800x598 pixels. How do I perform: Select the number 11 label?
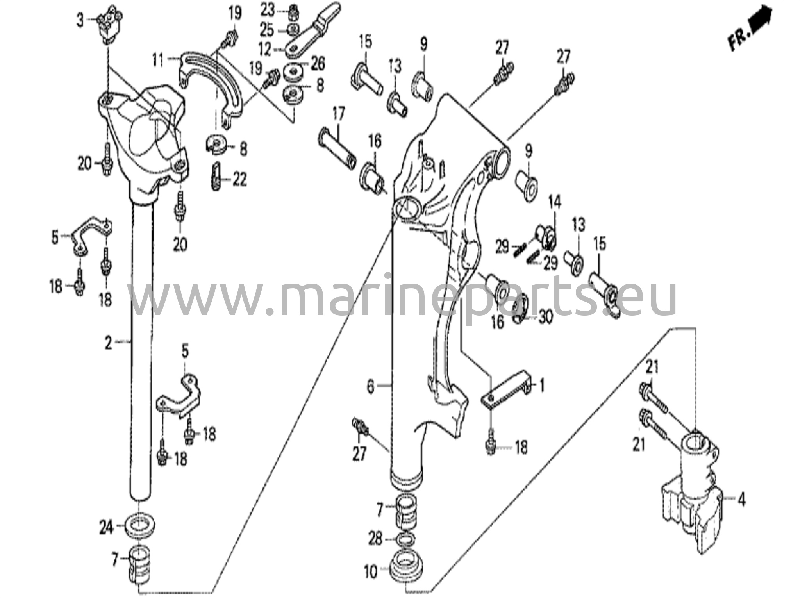tap(158, 61)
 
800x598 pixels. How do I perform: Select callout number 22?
tap(239, 180)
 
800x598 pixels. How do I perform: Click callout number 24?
tap(106, 528)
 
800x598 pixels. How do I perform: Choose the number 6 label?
tap(370, 387)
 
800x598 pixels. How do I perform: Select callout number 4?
tap(741, 500)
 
